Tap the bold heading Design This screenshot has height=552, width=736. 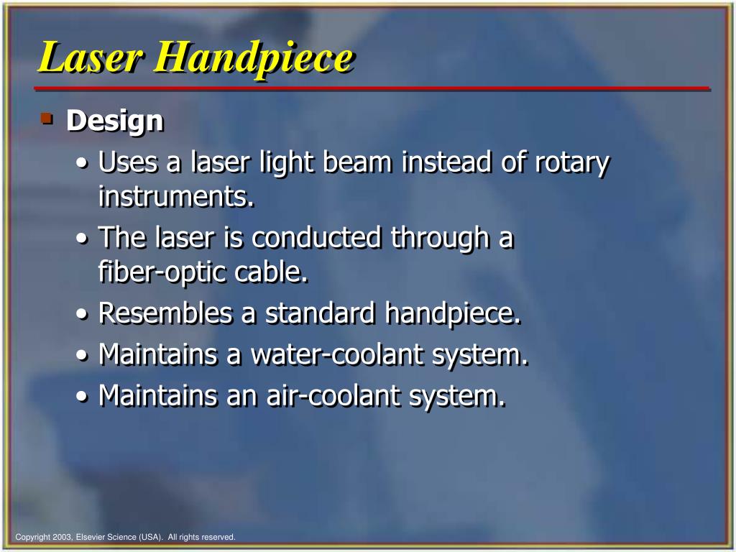115,121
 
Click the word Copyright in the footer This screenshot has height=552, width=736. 32,537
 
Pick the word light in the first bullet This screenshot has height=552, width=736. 290,163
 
